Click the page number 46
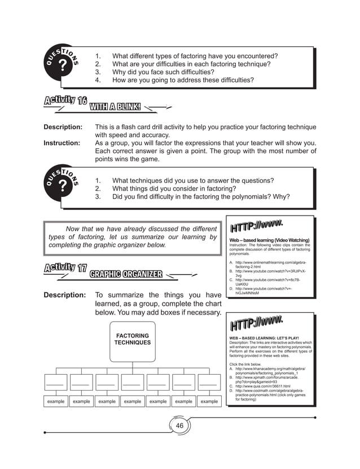tap(179, 426)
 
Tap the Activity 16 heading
tap(65, 102)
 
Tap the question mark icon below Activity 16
tap(63, 189)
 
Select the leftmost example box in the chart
tap(56, 401)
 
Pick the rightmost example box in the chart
tap(209, 401)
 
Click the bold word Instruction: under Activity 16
tap(62, 143)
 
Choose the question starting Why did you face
tap(163, 72)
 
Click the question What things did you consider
tap(174, 189)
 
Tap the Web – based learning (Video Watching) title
tap(269, 240)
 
